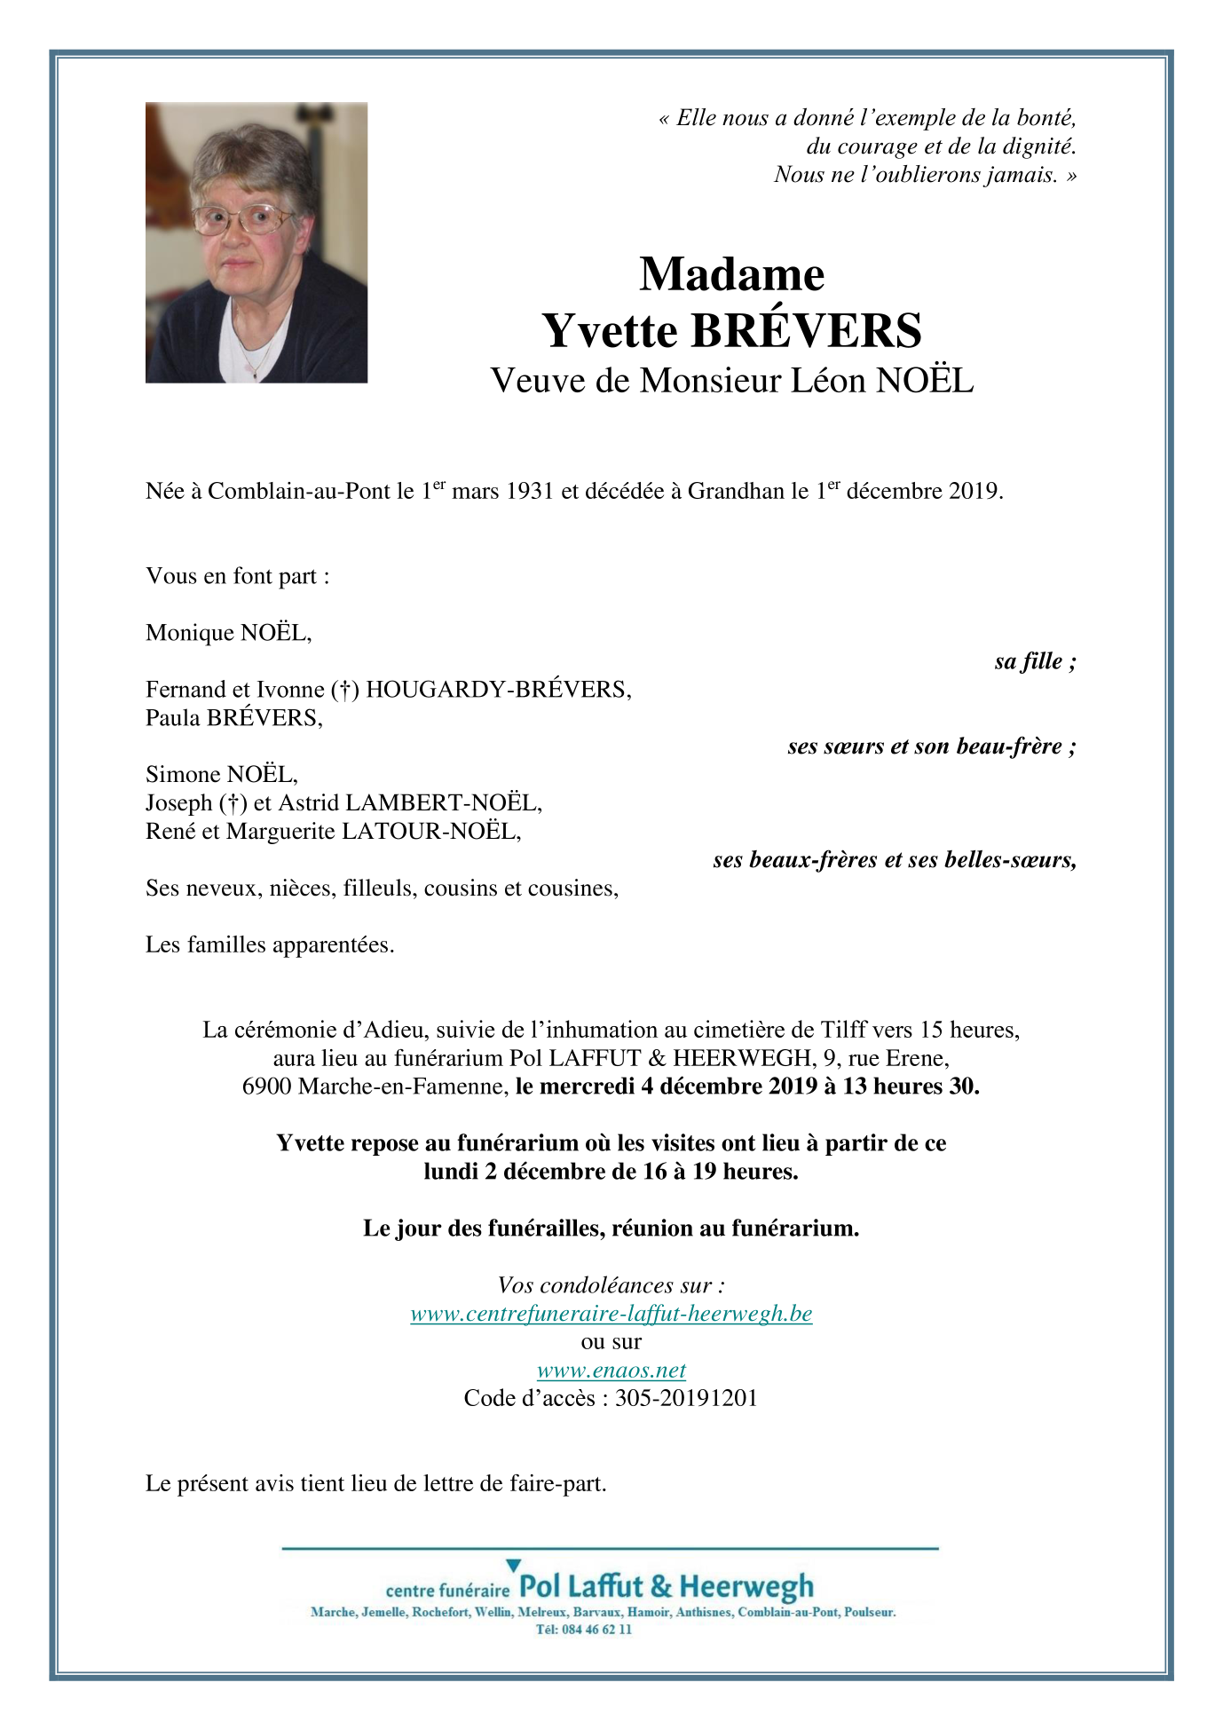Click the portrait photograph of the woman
point(256,242)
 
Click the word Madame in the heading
point(731,274)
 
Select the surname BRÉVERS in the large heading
point(806,331)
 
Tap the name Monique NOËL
point(228,633)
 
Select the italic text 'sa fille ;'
point(1035,661)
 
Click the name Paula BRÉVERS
point(233,718)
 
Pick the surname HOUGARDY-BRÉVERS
point(498,690)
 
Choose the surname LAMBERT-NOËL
point(443,803)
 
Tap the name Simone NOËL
point(221,775)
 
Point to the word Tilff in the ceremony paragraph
point(843,1031)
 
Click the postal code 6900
point(266,1086)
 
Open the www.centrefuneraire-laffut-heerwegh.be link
point(611,1314)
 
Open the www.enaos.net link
point(611,1371)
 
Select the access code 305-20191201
point(686,1399)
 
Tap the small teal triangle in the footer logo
point(513,1566)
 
